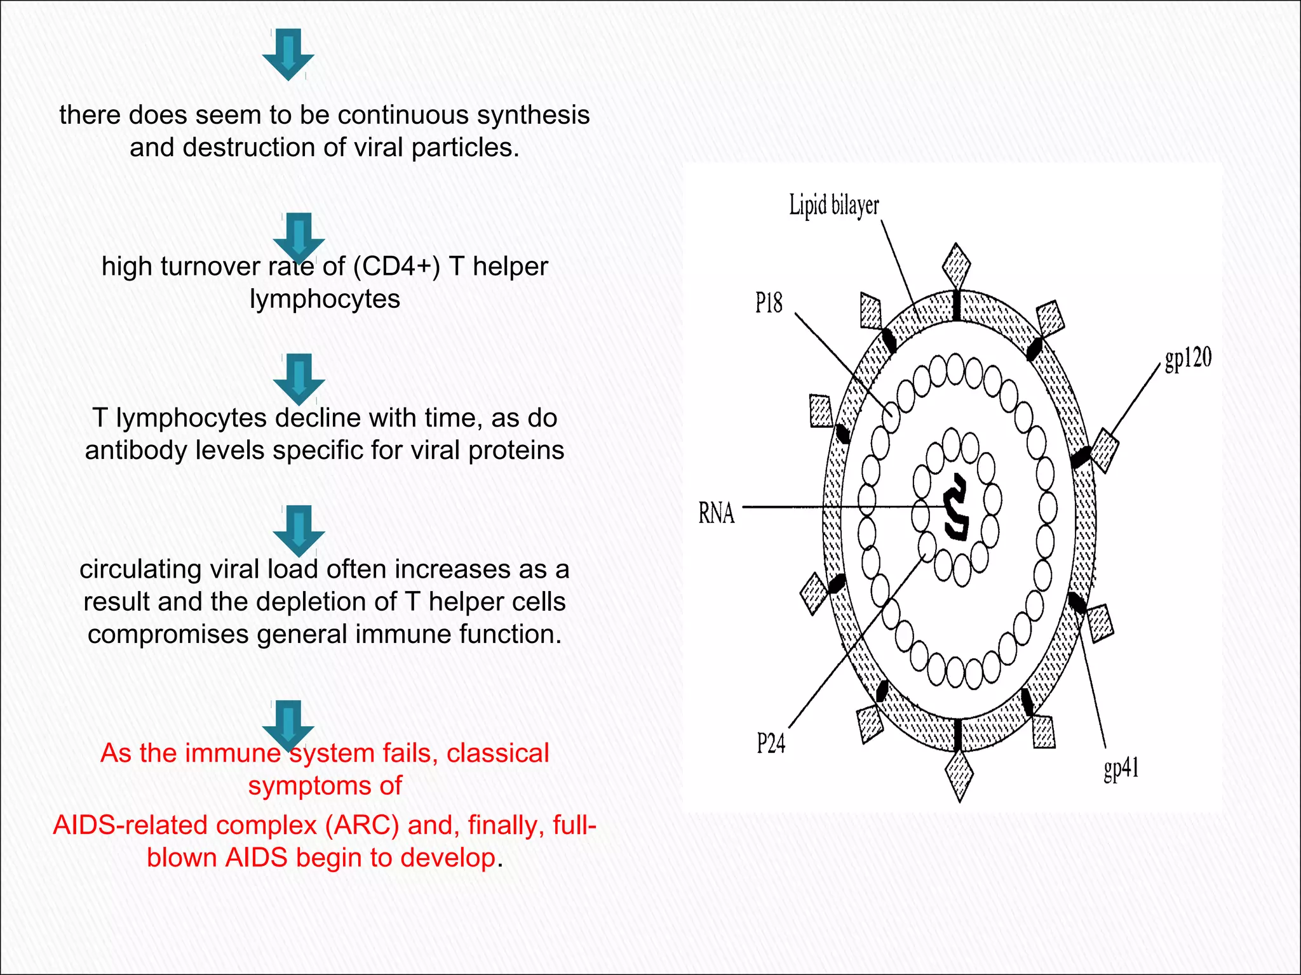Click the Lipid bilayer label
pos(833,206)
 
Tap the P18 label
pos(769,303)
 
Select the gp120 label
pos(1187,359)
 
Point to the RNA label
pos(716,513)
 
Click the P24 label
pos(771,743)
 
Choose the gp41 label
pos(1121,769)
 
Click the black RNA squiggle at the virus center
pos(956,507)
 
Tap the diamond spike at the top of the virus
pos(956,265)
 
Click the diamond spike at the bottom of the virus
pos(959,775)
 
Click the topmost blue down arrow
pos(288,54)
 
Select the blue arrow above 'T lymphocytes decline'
pos(299,378)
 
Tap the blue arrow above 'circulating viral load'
pos(299,531)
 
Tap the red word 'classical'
pos(497,753)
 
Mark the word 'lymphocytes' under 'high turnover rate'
pos(325,300)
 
